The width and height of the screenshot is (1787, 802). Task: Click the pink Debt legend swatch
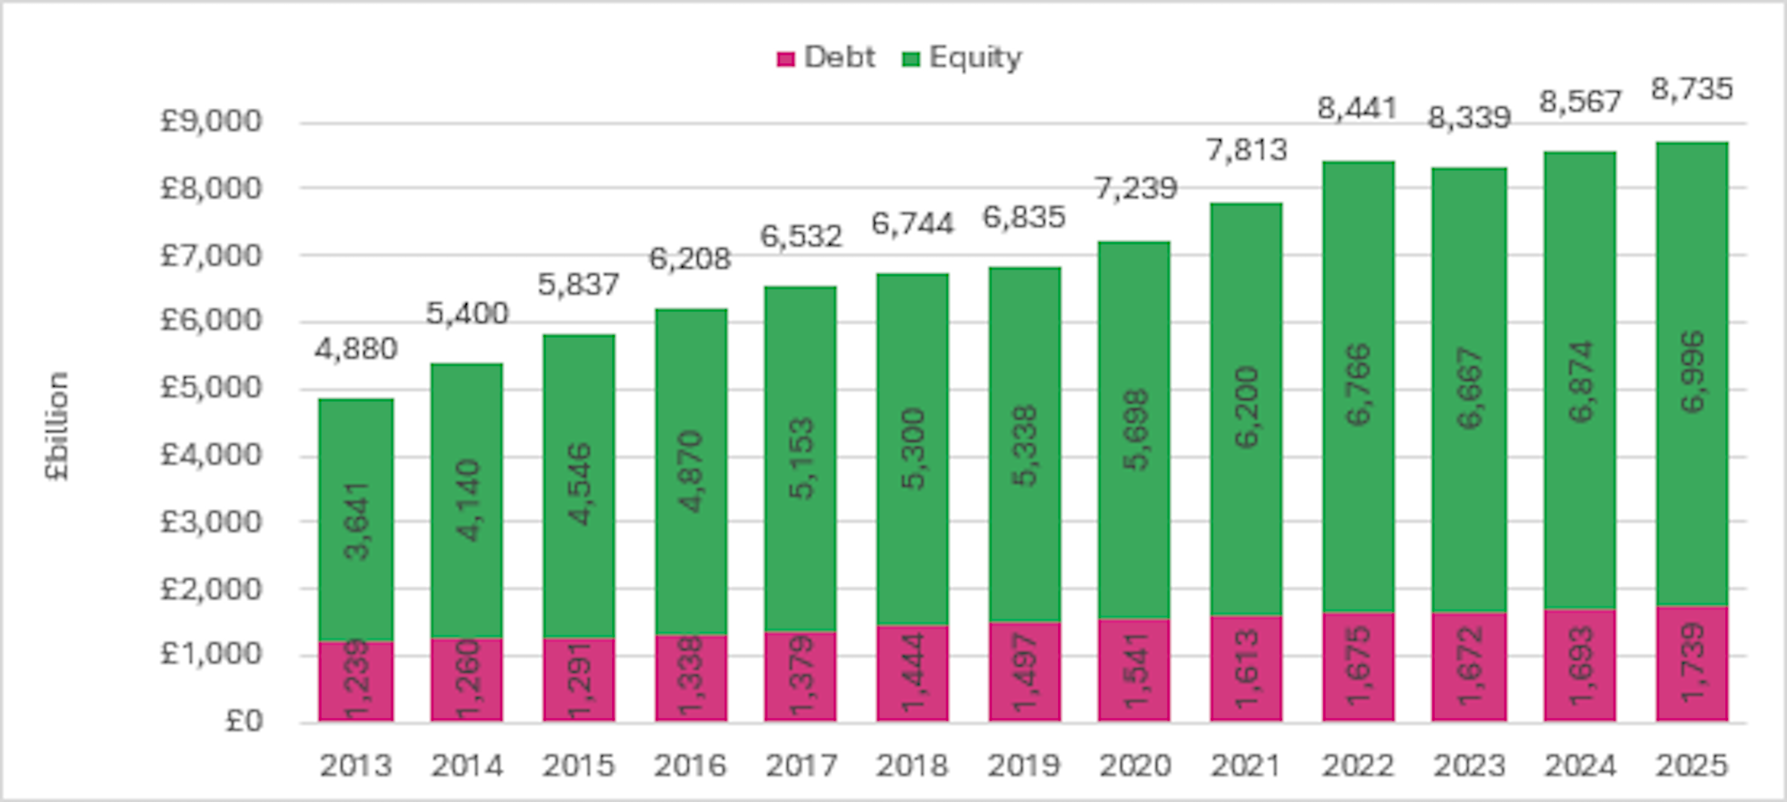pos(785,60)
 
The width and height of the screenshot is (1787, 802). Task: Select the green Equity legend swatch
pos(910,60)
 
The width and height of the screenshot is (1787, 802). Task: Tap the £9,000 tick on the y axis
pos(211,121)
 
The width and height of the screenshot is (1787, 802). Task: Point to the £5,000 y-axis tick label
pos(211,388)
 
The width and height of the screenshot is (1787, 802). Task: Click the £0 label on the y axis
pos(243,721)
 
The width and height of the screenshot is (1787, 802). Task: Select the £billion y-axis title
pos(57,426)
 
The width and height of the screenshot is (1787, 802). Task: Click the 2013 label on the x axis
pos(356,765)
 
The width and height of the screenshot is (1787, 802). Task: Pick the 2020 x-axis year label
pos(1135,765)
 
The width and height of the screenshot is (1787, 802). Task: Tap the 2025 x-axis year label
pos(1691,765)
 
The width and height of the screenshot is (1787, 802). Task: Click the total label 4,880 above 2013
pos(356,349)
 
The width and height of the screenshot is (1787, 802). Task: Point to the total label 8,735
pos(1691,89)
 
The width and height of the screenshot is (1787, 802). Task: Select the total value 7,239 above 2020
pos(1135,188)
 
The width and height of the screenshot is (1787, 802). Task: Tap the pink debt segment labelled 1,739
pos(1691,664)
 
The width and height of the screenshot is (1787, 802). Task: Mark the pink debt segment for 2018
pos(912,673)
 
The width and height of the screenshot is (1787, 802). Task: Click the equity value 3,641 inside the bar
pos(356,522)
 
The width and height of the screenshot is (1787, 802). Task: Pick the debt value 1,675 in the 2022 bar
pos(1358,666)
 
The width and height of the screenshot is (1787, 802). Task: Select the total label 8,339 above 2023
pos(1469,118)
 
